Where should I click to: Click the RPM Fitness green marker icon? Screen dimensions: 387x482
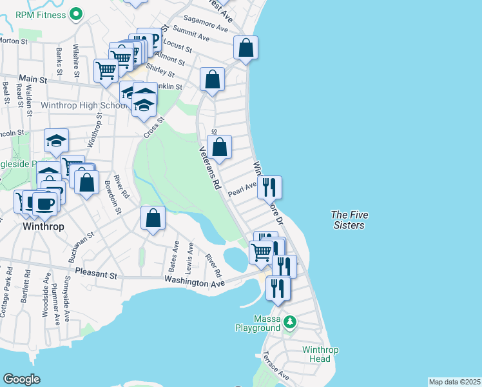(77, 13)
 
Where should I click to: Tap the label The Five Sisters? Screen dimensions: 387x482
(347, 219)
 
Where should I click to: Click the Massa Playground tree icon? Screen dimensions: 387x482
(290, 321)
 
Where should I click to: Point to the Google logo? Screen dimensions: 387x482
(21, 379)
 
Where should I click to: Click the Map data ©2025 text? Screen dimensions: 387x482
(454, 382)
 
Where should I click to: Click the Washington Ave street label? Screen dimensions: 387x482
(194, 282)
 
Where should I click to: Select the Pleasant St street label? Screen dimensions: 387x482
(97, 274)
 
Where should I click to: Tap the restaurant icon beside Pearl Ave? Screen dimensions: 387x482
(269, 187)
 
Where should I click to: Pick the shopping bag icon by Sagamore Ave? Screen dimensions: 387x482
(246, 47)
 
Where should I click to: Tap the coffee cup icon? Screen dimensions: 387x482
(44, 203)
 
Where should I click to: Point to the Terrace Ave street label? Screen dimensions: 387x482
(275, 365)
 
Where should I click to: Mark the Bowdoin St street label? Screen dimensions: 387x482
(113, 196)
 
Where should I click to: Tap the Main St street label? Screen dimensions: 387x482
(34, 80)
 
